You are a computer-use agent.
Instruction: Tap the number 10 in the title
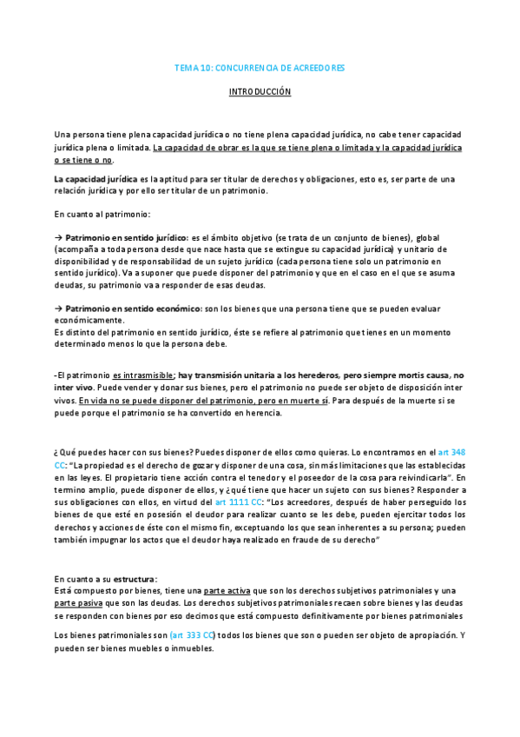[x=204, y=67]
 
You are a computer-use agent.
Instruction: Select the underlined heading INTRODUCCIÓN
[x=260, y=91]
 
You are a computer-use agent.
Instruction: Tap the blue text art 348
[x=452, y=454]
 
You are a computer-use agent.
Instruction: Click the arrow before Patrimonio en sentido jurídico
[x=58, y=237]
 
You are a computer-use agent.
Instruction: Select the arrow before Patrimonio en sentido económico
[x=58, y=309]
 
